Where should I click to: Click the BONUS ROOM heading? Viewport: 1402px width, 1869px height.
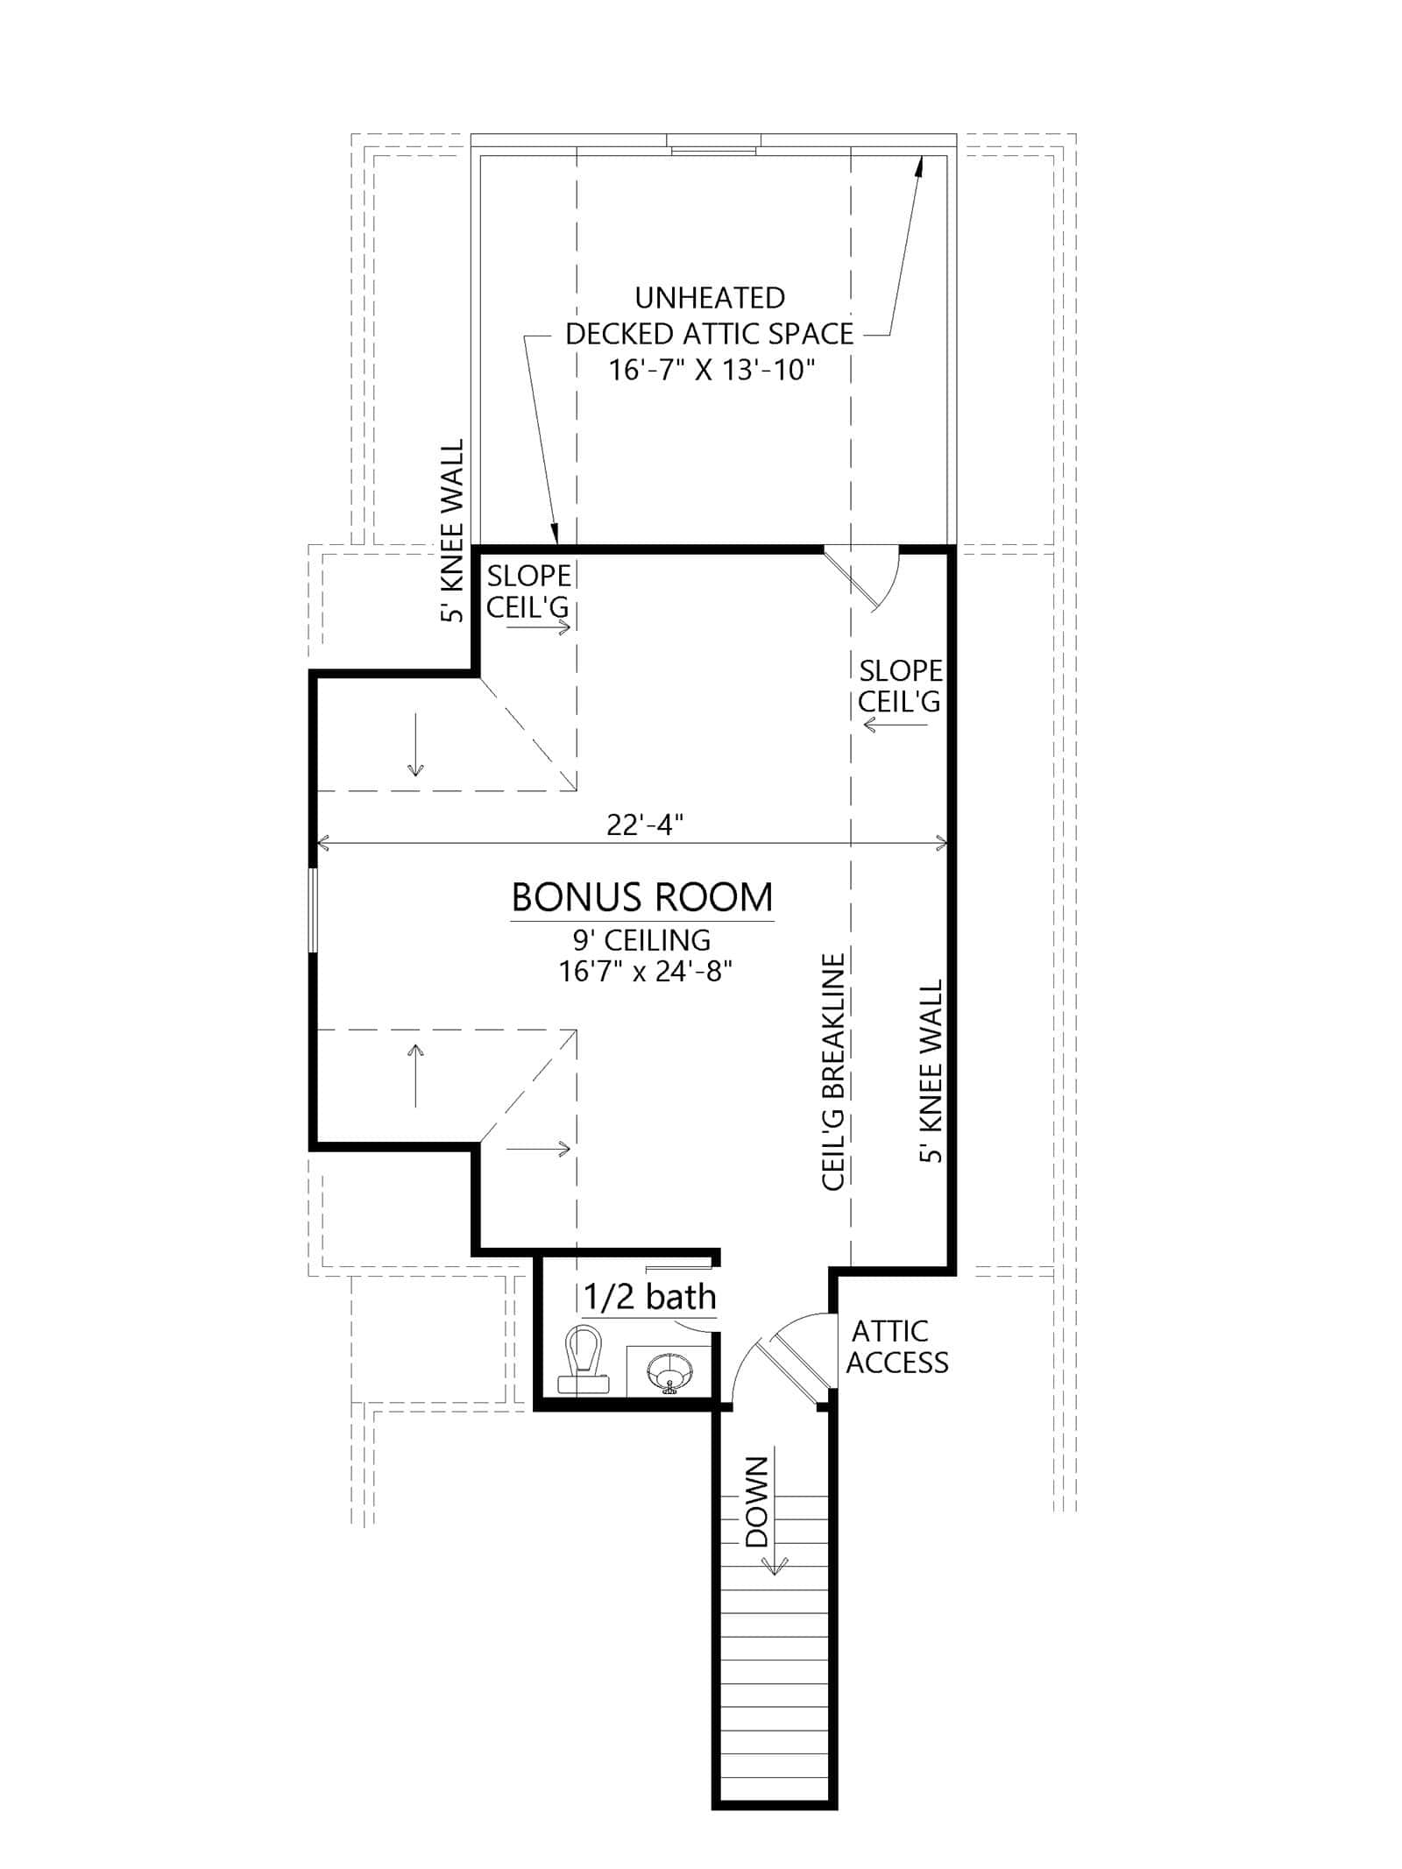pyautogui.click(x=641, y=897)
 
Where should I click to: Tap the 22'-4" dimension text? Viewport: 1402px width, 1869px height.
pyautogui.click(x=644, y=825)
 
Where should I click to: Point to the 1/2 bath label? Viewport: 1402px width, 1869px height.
pyautogui.click(x=649, y=1297)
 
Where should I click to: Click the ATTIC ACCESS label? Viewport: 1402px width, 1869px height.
pyautogui.click(x=896, y=1347)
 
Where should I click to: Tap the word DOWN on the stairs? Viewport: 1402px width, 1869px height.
pyautogui.click(x=755, y=1502)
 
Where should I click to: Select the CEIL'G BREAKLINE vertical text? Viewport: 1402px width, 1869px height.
pyautogui.click(x=833, y=1071)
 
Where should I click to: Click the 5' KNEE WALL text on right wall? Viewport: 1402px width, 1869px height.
pyautogui.click(x=931, y=1071)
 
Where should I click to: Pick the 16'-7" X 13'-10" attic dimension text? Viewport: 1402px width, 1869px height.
pyautogui.click(x=712, y=371)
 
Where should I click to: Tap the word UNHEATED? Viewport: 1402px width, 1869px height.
pyautogui.click(x=710, y=298)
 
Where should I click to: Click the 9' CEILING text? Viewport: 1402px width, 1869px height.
pyautogui.click(x=641, y=940)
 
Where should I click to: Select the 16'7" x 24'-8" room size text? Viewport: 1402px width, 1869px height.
pyautogui.click(x=645, y=971)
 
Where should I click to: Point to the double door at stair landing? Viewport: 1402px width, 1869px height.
pyautogui.click(x=789, y=1363)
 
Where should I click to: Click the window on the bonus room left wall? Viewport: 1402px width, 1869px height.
pyautogui.click(x=312, y=908)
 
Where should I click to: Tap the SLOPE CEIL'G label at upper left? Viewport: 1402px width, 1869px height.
pyautogui.click(x=528, y=591)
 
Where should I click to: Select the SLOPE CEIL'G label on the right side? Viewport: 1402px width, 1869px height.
pyautogui.click(x=900, y=686)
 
